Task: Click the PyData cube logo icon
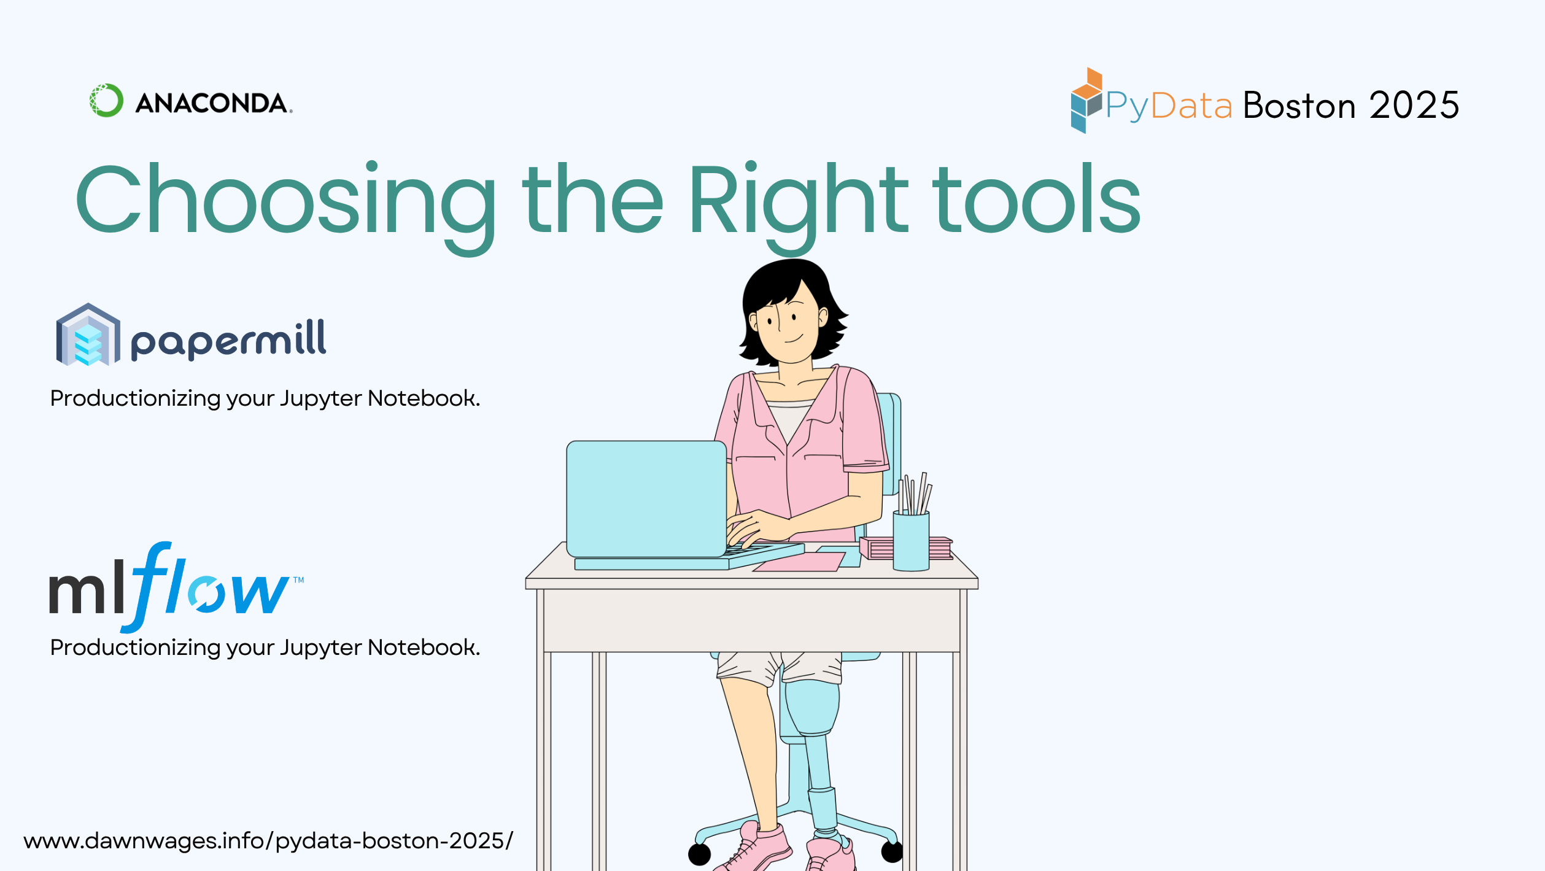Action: [1086, 100]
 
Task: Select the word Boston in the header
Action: [1299, 106]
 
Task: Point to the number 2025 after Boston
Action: [1414, 106]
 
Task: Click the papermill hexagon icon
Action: [88, 335]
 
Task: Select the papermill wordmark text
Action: [228, 339]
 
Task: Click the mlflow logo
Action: [176, 587]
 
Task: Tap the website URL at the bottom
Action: [268, 841]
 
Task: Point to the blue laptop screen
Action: [646, 498]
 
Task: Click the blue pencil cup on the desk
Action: [911, 541]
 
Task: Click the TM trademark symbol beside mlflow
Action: [298, 580]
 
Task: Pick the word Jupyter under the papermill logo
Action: [321, 399]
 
